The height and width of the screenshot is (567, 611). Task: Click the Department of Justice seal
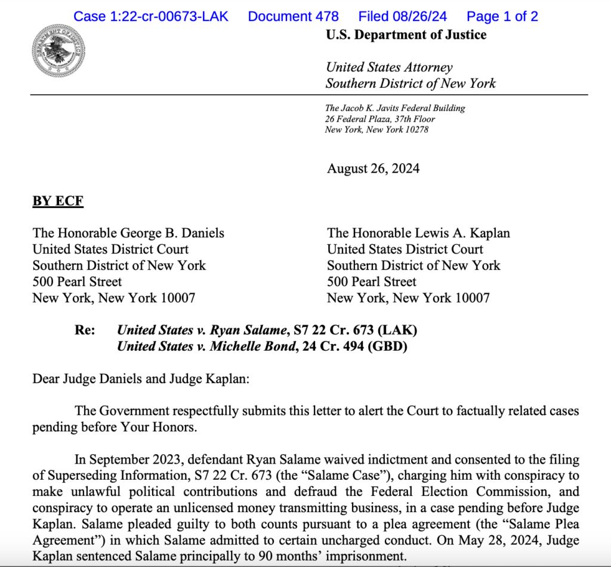tap(58, 51)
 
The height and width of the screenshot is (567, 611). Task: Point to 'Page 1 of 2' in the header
tap(502, 17)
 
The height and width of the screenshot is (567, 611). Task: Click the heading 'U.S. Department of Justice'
tap(406, 35)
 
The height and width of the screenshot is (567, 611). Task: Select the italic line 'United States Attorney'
tap(389, 68)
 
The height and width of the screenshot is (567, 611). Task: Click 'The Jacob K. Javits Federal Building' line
tap(395, 108)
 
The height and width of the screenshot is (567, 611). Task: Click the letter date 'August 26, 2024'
tap(373, 168)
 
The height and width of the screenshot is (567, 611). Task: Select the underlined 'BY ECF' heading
tap(58, 201)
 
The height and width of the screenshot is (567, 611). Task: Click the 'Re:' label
tap(85, 329)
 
